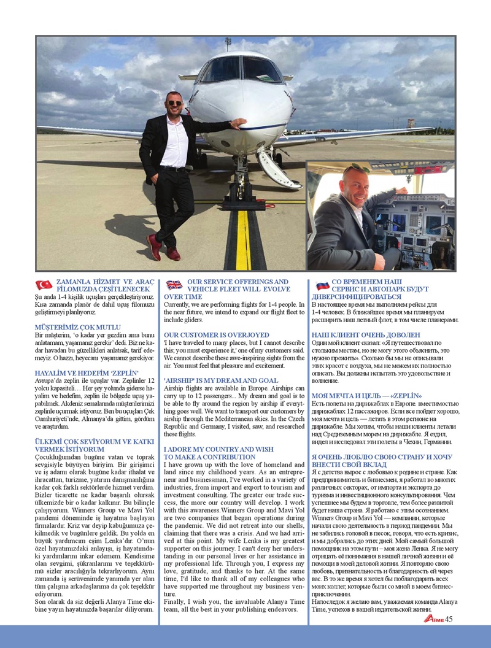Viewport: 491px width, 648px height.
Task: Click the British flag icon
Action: click(x=174, y=285)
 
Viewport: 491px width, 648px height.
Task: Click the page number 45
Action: click(x=449, y=619)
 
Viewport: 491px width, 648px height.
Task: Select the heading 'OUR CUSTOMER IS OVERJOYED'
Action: click(x=207, y=334)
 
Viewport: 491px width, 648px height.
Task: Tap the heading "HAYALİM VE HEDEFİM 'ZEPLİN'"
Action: click(x=87, y=372)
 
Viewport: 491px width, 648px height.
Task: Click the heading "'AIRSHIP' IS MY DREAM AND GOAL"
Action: click(x=221, y=380)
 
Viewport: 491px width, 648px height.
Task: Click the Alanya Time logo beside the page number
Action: click(x=433, y=619)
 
